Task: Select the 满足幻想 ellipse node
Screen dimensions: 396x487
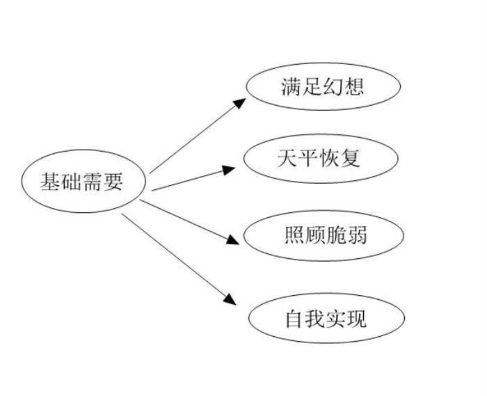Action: (324, 87)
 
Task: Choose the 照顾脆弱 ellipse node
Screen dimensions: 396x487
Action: (324, 235)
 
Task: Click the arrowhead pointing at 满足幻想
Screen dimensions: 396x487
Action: (239, 103)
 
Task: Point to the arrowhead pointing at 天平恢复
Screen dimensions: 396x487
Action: (230, 168)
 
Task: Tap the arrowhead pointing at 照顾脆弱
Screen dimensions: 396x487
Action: (233, 240)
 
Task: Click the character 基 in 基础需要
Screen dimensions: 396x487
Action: (50, 182)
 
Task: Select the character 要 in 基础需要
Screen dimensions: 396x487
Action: (113, 182)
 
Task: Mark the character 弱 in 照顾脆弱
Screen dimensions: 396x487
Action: (356, 235)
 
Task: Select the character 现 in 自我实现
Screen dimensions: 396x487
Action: (356, 319)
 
